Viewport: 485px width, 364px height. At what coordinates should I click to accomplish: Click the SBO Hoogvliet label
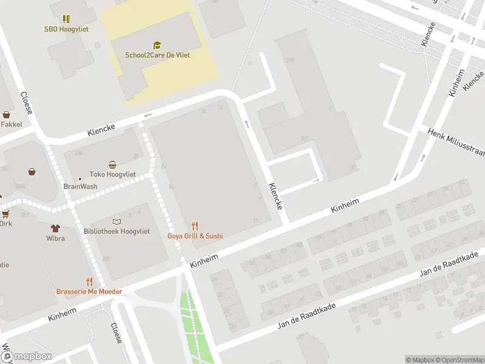click(66, 29)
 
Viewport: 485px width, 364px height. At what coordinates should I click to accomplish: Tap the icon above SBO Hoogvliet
click(66, 19)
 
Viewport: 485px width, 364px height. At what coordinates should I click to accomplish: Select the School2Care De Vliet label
click(157, 55)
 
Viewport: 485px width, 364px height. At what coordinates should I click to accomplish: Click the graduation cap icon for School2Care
click(157, 45)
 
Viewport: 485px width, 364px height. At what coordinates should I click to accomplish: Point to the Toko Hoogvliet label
click(112, 174)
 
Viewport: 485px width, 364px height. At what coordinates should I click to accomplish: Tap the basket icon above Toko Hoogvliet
click(112, 164)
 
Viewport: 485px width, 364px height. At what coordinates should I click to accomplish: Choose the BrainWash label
click(80, 187)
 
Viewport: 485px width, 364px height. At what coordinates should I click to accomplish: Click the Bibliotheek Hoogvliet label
click(116, 232)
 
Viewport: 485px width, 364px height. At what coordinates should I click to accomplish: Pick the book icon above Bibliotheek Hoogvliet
click(116, 222)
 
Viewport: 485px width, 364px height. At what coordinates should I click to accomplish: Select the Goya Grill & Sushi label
click(195, 235)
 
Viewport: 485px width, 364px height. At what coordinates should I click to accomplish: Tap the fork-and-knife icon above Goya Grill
click(195, 226)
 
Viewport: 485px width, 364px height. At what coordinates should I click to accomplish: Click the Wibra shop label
click(55, 238)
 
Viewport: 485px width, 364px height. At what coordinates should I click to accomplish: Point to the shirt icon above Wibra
click(55, 228)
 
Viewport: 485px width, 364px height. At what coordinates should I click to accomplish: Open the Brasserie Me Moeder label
click(89, 291)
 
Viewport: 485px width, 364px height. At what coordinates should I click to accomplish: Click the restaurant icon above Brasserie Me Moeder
click(89, 281)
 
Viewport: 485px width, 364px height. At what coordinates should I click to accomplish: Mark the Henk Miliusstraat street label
click(455, 143)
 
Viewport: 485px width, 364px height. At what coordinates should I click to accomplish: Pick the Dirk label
click(5, 223)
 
